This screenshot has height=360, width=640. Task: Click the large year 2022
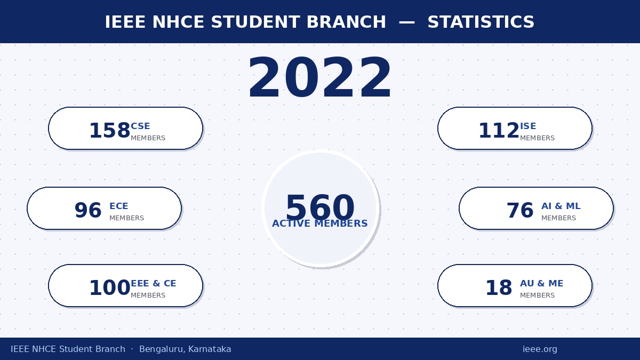coord(319,77)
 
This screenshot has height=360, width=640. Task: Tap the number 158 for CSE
coord(110,131)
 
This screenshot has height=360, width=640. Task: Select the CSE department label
coord(140,126)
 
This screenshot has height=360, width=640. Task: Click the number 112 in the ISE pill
coord(499,131)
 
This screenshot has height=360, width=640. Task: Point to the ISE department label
coord(528,126)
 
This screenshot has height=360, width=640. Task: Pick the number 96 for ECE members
coord(88,210)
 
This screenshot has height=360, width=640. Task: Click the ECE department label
coord(119,206)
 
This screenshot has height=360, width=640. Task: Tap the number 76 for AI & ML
coord(520,210)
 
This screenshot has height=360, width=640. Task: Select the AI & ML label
coord(561,206)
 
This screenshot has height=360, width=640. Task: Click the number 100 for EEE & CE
coord(110,287)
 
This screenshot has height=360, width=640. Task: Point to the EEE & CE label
coord(154,283)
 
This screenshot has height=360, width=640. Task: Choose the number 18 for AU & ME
coord(499,287)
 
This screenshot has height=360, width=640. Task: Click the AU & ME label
coord(542,283)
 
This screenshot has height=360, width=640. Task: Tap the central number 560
coord(320,207)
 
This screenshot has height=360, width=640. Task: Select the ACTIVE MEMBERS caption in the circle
coord(319,223)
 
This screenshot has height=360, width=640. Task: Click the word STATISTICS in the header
coord(481,22)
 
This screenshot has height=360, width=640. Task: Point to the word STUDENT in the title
coord(255,22)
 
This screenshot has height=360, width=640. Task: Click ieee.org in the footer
coord(540,349)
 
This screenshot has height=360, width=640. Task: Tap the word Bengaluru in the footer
coord(162,349)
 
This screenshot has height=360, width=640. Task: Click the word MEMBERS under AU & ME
coord(537,295)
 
